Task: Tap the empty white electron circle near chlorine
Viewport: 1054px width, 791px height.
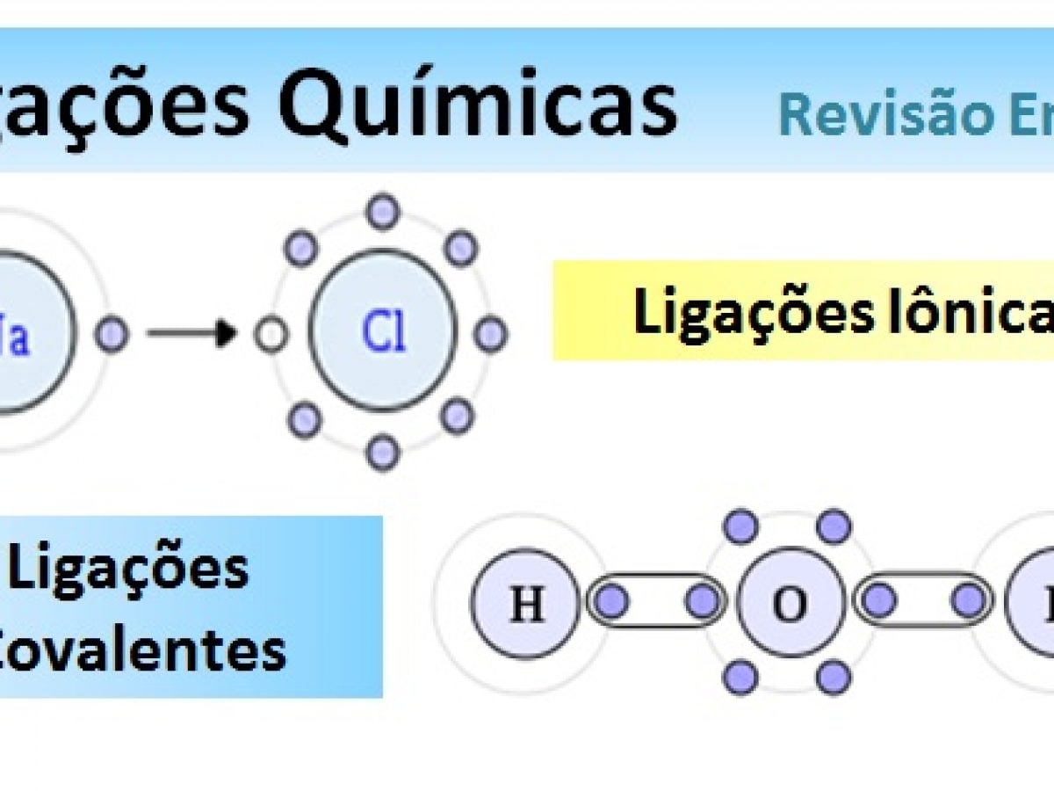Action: (x=271, y=335)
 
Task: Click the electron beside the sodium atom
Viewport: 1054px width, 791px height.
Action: (x=112, y=335)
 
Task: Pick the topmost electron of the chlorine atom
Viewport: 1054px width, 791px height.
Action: (x=383, y=212)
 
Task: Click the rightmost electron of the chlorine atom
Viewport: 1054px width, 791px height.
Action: (x=490, y=334)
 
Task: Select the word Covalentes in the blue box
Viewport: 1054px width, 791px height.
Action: (x=141, y=650)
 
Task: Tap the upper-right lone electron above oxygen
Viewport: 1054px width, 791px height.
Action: (x=834, y=526)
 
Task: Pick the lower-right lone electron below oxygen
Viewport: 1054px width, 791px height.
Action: (x=834, y=676)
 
